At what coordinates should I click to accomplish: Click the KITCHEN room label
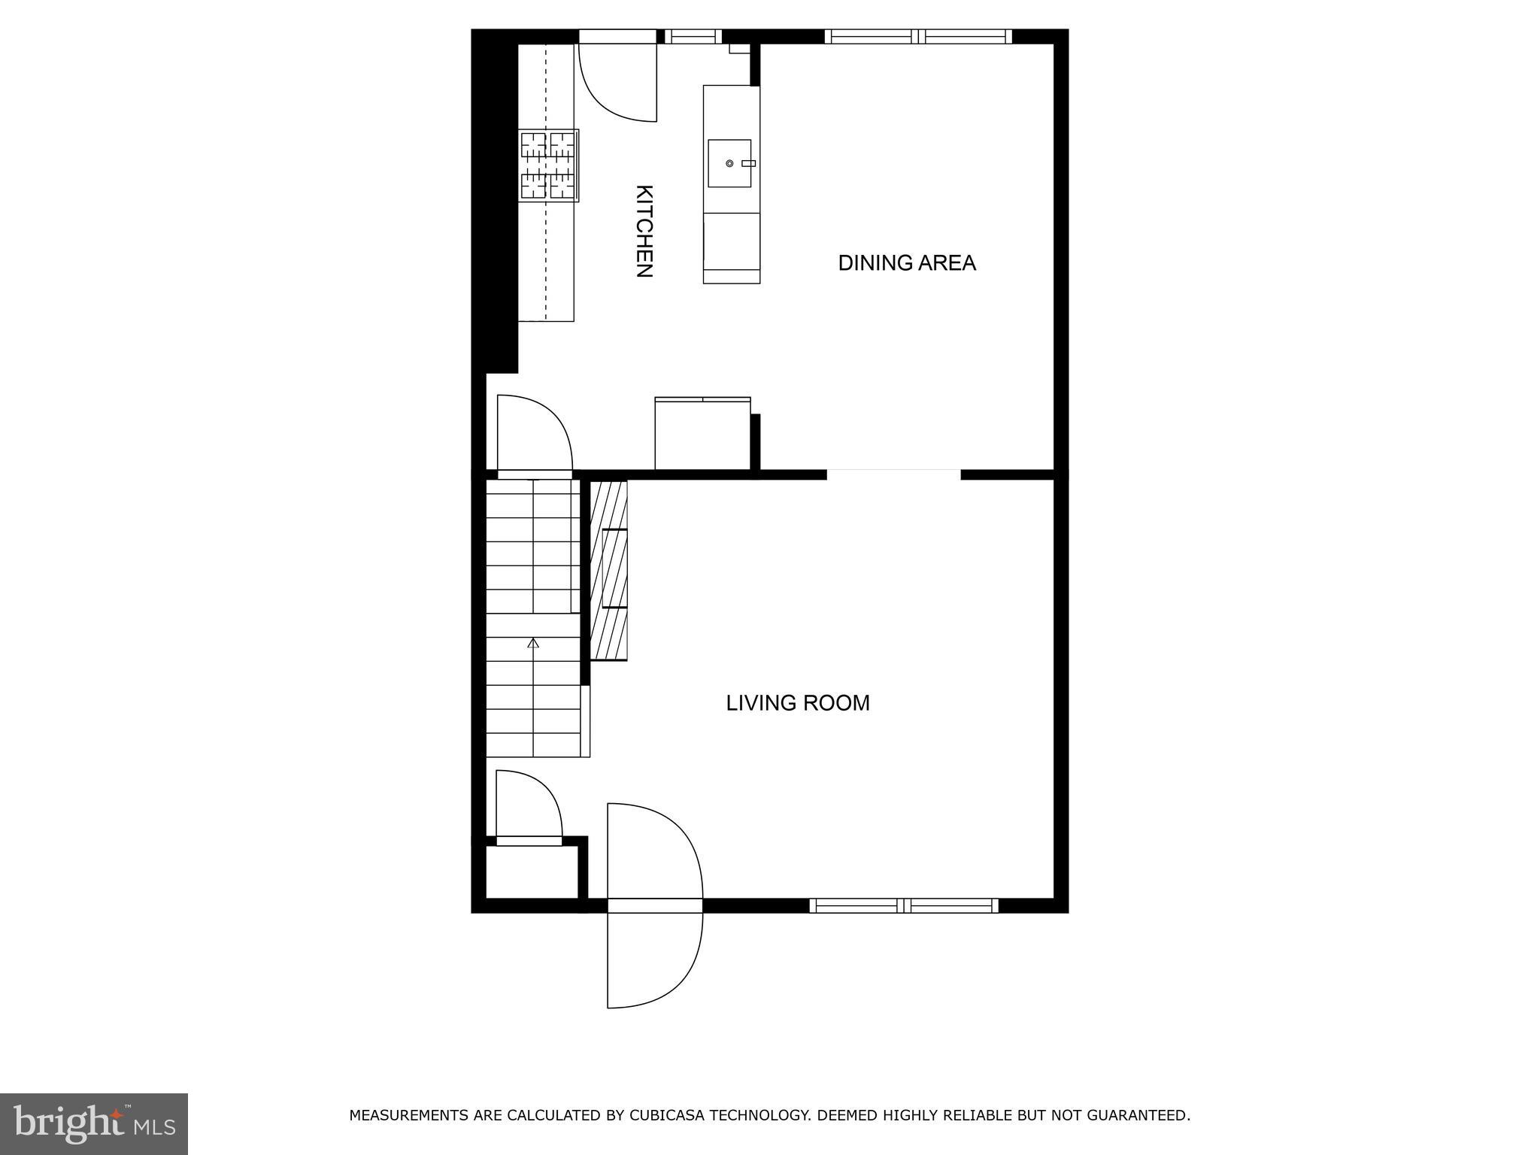[x=644, y=232]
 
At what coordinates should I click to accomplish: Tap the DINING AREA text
[x=907, y=263]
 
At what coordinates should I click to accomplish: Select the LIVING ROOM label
[x=798, y=703]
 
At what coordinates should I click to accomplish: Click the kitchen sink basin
[x=729, y=163]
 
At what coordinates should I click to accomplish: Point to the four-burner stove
[x=548, y=165]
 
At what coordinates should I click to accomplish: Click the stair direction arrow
[x=533, y=643]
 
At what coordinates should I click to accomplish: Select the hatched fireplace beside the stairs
[x=608, y=570]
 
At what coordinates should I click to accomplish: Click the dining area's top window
[x=918, y=36]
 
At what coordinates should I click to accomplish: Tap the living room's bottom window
[x=904, y=905]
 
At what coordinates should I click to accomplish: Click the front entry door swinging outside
[x=654, y=959]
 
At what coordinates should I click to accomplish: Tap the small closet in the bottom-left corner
[x=532, y=872]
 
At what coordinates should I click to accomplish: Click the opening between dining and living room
[x=893, y=474]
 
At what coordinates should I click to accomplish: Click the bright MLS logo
[x=94, y=1123]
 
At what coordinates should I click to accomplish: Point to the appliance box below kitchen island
[x=702, y=434]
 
